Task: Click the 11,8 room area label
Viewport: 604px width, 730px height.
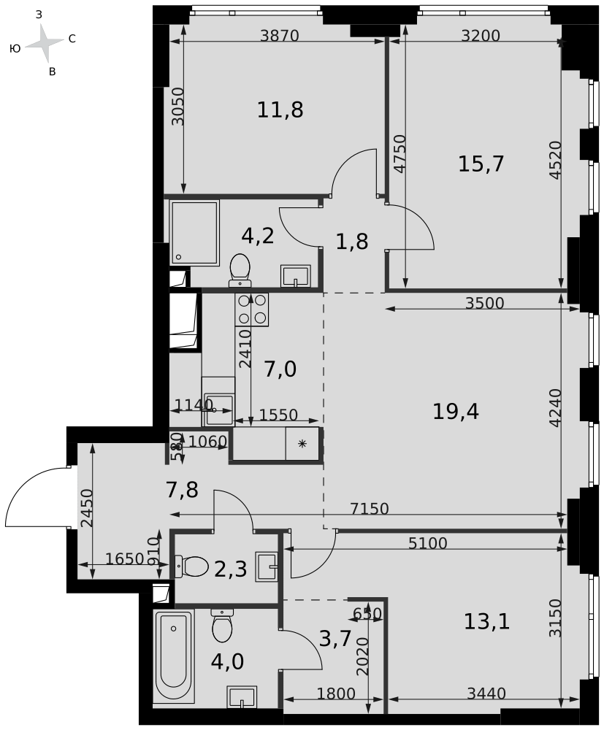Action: tap(280, 110)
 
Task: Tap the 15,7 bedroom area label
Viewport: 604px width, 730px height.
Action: tap(481, 164)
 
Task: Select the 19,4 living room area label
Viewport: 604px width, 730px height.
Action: tap(456, 412)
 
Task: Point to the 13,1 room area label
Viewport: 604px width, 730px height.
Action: tap(486, 621)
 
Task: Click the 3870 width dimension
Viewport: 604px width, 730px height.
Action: tap(280, 35)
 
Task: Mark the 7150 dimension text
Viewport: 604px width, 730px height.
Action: tap(370, 509)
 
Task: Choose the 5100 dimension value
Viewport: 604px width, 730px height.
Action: tap(427, 543)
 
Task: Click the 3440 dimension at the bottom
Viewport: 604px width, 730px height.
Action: tap(486, 693)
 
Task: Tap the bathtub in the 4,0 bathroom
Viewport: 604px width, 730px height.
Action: tap(175, 657)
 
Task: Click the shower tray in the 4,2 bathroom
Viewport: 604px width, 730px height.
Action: tap(195, 234)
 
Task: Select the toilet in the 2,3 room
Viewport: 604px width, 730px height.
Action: tap(191, 566)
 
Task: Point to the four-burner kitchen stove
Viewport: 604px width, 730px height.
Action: tap(252, 310)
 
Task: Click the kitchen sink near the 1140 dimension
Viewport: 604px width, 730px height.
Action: tap(218, 410)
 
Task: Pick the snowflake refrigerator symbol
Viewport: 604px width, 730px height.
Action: tap(302, 444)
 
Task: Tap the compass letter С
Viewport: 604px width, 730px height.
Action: tap(72, 39)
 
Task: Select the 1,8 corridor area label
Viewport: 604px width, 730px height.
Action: tap(352, 242)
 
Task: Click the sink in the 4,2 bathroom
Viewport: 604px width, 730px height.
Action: tap(296, 277)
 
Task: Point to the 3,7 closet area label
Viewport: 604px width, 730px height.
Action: tap(335, 638)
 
